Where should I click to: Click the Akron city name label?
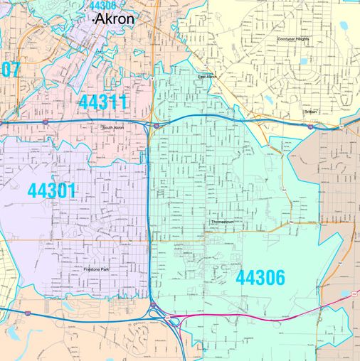click(x=115, y=19)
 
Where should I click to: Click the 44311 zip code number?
click(x=103, y=102)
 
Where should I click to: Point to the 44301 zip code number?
click(x=51, y=190)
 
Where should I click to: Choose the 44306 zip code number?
click(x=260, y=277)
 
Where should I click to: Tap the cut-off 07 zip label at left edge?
click(x=9, y=70)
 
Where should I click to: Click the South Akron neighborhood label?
click(x=113, y=127)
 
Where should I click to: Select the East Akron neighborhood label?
click(x=207, y=77)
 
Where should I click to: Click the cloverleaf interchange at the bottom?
click(x=171, y=318)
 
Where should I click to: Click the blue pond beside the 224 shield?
click(x=346, y=292)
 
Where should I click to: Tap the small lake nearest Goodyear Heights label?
click(x=305, y=61)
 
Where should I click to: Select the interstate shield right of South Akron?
click(x=156, y=125)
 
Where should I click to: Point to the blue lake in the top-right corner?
click(x=344, y=26)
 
